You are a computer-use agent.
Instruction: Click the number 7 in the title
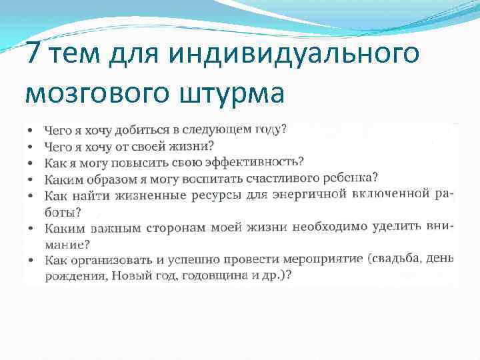tap(35, 53)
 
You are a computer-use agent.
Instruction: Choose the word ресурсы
tap(209, 195)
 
